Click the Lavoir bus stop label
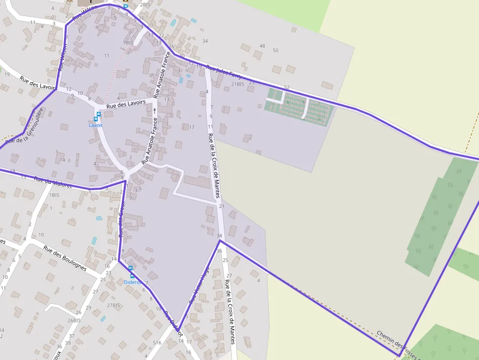[x=96, y=126]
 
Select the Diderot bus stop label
[x=132, y=282]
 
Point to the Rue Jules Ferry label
[x=224, y=72]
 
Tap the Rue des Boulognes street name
[x=65, y=258]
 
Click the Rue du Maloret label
[x=53, y=183]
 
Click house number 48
[x=262, y=46]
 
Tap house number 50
[x=275, y=50]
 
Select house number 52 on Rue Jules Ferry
[x=286, y=87]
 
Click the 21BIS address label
[x=237, y=84]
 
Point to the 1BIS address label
[x=54, y=195]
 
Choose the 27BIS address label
[x=113, y=305]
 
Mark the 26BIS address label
[x=74, y=320]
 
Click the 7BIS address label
[x=129, y=42]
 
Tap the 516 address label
[x=157, y=343]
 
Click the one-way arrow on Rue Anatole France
[x=155, y=110]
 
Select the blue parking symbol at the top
[x=125, y=7]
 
